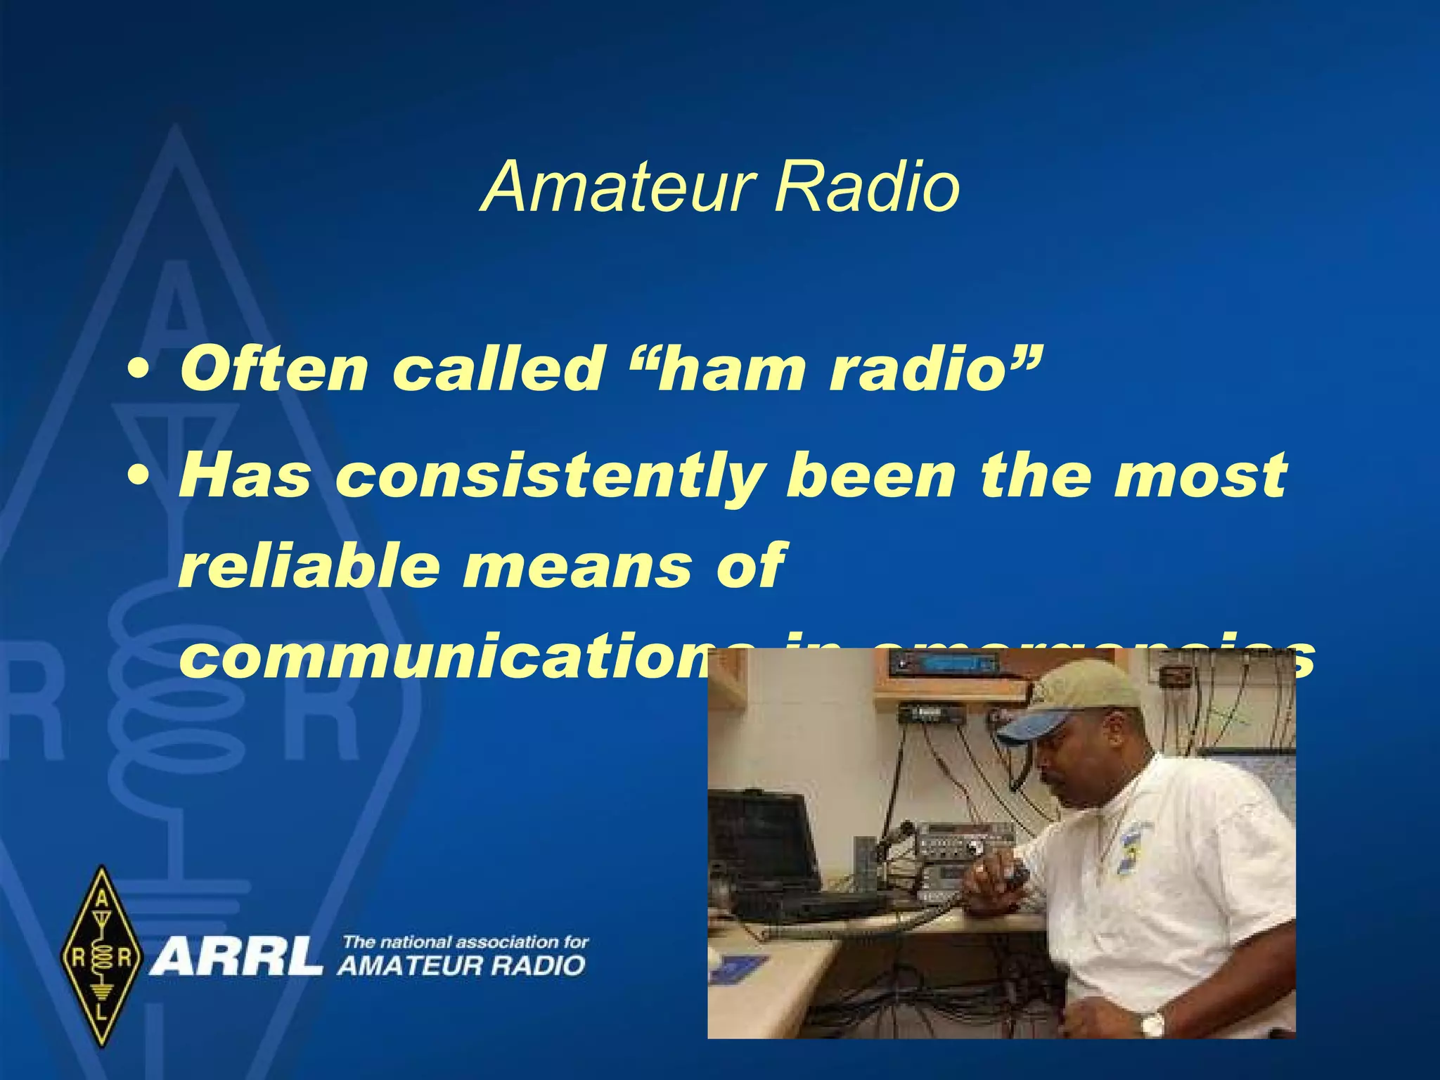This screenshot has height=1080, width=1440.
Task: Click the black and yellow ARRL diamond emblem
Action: click(x=102, y=956)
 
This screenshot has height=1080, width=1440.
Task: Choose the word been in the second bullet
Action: click(x=872, y=477)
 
